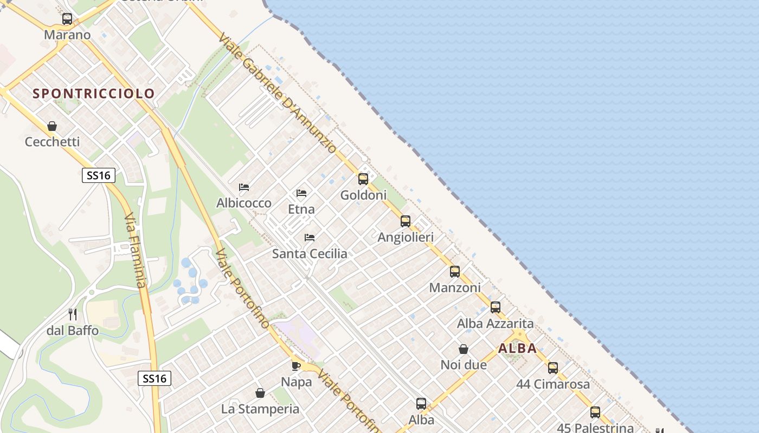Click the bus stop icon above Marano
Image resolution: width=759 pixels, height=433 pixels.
click(x=67, y=19)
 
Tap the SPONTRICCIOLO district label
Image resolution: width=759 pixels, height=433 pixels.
click(x=94, y=94)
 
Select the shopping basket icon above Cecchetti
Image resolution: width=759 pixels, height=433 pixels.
click(x=52, y=126)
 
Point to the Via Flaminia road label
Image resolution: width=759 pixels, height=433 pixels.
click(x=135, y=250)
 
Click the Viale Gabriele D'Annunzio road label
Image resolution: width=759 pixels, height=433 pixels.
click(x=277, y=93)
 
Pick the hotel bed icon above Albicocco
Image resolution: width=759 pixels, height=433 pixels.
click(x=244, y=187)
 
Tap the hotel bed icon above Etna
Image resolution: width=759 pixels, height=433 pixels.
click(x=301, y=193)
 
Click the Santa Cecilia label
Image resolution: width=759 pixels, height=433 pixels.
click(x=310, y=253)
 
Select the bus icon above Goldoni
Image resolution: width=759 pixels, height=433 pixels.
click(x=363, y=179)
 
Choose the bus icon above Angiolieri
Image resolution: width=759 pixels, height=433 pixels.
click(x=406, y=221)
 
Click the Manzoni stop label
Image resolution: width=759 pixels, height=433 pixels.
click(x=455, y=287)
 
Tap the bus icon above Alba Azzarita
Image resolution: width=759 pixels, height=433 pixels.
click(x=496, y=307)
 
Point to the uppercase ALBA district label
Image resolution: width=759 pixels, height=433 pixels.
click(x=517, y=349)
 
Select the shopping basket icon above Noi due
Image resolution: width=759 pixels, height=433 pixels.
click(x=464, y=349)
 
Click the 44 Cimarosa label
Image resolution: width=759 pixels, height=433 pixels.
click(x=553, y=384)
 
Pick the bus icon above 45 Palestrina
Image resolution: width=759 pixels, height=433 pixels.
click(x=595, y=412)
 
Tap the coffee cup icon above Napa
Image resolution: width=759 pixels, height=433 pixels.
click(x=296, y=366)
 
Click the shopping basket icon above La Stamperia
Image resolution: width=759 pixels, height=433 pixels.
click(x=260, y=393)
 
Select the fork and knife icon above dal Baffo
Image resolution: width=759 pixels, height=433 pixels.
click(x=73, y=314)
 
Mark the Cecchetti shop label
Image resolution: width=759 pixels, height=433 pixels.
click(x=52, y=142)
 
